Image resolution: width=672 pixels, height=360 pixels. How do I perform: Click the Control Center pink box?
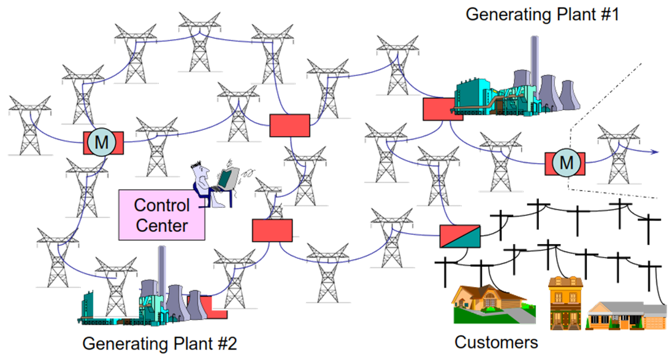162,215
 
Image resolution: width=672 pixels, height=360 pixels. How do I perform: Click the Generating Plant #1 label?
542,13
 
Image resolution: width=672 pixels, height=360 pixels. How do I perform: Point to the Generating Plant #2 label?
159,343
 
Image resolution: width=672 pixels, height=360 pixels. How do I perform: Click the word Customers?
496,342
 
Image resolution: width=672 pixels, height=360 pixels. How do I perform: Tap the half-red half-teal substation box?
460,236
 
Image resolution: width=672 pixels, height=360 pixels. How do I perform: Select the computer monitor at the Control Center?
228,178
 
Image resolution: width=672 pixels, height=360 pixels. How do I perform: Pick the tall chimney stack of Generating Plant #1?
535,61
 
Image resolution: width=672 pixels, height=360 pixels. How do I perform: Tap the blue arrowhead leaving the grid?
655,151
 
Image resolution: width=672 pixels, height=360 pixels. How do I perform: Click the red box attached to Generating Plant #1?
436,109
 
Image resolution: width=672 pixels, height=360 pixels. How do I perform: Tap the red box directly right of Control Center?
272,229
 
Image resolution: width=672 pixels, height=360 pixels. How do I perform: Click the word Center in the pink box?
162,225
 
